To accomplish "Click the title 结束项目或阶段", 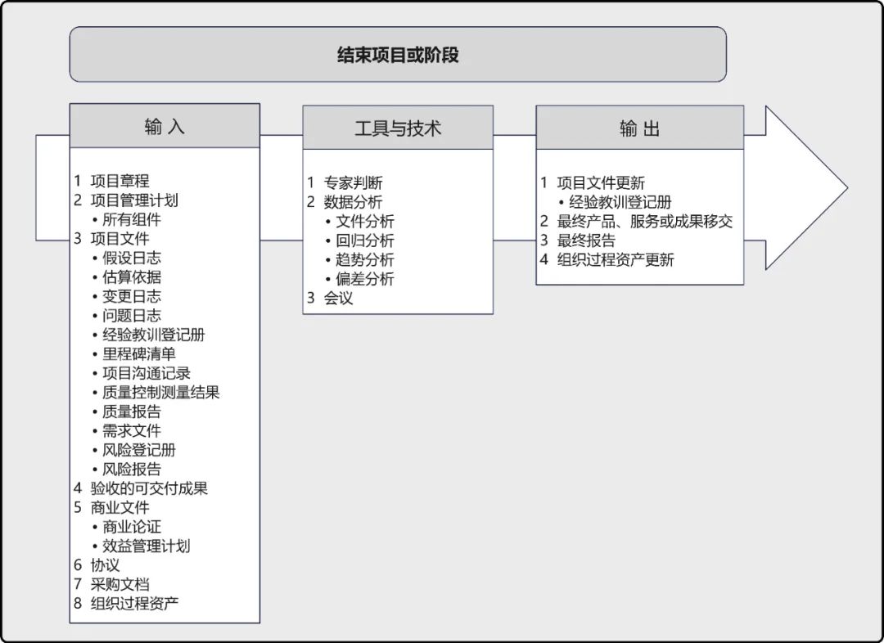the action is [398, 55].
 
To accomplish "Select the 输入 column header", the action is [165, 126].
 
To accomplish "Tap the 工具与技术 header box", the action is [398, 128].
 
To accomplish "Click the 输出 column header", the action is [639, 128].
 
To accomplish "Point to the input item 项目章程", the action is [120, 181].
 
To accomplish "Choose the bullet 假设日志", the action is [131, 258].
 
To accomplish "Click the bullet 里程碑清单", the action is [138, 354].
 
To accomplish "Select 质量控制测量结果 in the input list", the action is [160, 393].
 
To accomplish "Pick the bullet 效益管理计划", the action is [146, 546].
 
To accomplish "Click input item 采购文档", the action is [120, 584].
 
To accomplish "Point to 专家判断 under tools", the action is [353, 182].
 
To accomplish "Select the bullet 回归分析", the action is [364, 241].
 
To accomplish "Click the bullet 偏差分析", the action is [364, 279].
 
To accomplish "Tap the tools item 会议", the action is [338, 298].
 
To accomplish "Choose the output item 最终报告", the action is [586, 241].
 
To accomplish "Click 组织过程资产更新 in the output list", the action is [616, 259].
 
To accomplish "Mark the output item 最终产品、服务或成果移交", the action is [644, 221].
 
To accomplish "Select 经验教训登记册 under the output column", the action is [620, 202].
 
